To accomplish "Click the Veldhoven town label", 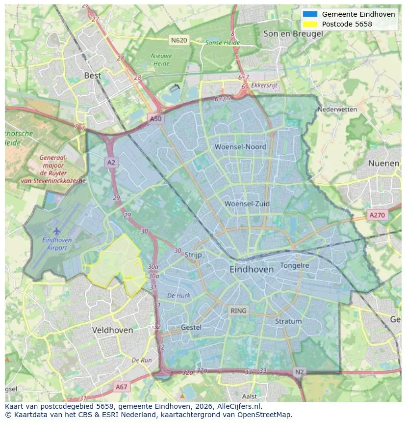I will [112, 330].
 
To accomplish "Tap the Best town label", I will [93, 76].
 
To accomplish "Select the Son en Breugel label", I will [293, 33].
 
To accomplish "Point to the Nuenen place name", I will [383, 163].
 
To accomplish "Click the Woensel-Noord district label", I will [240, 146].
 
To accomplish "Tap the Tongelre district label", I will [294, 265].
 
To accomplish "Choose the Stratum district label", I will [288, 321].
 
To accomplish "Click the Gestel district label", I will [191, 327].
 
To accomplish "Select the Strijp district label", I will [193, 254].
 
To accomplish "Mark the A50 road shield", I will [155, 119].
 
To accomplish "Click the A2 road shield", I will [111, 162].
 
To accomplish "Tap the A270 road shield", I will [377, 215].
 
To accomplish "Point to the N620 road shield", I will [179, 40].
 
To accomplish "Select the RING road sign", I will [239, 310].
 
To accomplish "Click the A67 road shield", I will [121, 387].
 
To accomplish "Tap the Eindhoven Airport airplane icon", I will [57, 230].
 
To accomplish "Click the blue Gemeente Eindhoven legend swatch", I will [310, 14].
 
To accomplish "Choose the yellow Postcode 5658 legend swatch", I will [310, 24].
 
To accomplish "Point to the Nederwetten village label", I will [337, 109].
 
